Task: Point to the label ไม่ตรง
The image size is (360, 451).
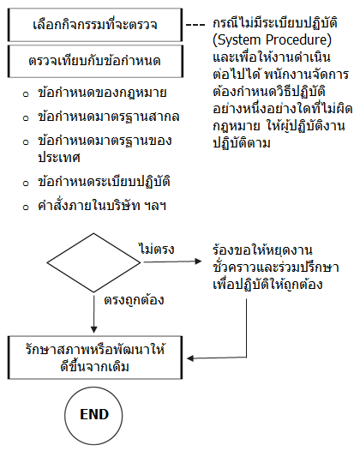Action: coord(157,249)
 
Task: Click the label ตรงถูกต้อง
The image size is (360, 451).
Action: coord(134,300)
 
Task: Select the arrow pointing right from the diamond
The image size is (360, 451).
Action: coord(172,262)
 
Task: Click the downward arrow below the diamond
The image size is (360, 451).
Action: coord(93,314)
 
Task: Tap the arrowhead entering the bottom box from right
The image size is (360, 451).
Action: coord(190,358)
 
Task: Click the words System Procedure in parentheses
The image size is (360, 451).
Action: coord(272,40)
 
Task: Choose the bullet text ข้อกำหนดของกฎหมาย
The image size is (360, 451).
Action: coord(102,93)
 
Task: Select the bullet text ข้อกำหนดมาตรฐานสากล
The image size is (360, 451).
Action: coord(109,117)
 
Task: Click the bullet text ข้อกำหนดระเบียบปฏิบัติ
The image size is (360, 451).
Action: coord(104,182)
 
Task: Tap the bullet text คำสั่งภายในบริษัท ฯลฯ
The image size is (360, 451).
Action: coord(102,206)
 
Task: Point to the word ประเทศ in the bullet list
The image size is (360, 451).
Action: coord(59,158)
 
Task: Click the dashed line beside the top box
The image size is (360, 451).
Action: coord(195,25)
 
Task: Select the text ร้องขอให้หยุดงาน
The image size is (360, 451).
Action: coord(262,250)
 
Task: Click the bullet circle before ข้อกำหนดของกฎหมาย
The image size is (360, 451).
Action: coord(26,94)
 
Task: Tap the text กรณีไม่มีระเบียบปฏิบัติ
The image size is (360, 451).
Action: coord(275,23)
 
